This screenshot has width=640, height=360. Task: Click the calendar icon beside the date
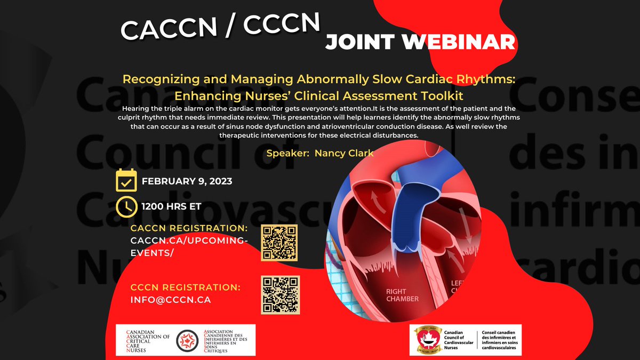tap(126, 181)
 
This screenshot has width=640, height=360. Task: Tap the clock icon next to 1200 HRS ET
tap(126, 206)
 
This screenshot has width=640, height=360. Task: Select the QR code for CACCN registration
tap(279, 243)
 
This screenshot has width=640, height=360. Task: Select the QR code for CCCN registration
tap(280, 294)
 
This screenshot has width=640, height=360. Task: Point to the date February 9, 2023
tap(187, 181)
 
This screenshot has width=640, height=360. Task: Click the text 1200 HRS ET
tap(171, 206)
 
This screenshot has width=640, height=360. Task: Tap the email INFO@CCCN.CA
tap(171, 300)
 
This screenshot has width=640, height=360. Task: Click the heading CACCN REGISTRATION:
tap(189, 228)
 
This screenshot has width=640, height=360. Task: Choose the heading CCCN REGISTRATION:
tap(185, 287)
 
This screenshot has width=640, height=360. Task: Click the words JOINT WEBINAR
tap(420, 42)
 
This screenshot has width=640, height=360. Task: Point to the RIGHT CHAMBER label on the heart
tap(403, 295)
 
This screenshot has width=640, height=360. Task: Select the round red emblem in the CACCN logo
tap(188, 340)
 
